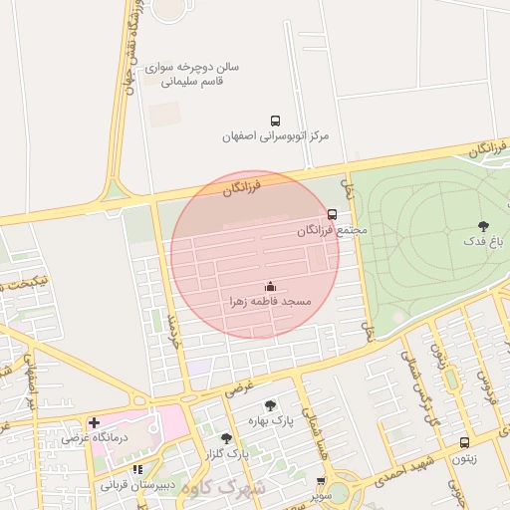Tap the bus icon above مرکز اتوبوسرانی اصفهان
(275, 119)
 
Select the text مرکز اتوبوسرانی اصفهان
(275, 135)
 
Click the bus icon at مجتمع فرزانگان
(332, 214)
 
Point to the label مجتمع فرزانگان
(332, 230)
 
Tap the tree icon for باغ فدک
(484, 226)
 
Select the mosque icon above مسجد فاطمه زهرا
(270, 286)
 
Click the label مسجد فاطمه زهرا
(270, 301)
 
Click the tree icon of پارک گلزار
(227, 437)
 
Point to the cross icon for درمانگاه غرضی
(95, 422)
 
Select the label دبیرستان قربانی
(137, 485)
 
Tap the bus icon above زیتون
(464, 443)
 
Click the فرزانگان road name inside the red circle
(243, 186)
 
